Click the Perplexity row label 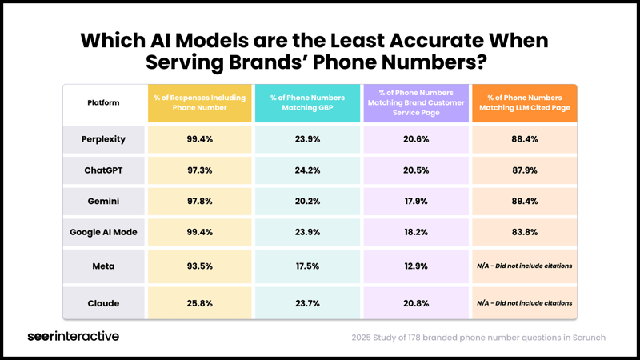[x=103, y=138]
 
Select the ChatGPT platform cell [x=103, y=170]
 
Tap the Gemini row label [x=103, y=201]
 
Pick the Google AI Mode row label [x=103, y=232]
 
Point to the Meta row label [x=103, y=266]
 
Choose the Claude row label [x=103, y=303]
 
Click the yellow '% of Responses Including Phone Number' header [x=200, y=102]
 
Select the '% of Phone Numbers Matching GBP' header [x=308, y=102]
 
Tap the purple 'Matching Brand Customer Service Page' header [x=416, y=102]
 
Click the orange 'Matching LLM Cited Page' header [x=524, y=102]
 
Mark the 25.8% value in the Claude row [x=200, y=303]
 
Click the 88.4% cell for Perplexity [x=524, y=138]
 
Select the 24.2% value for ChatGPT [x=308, y=170]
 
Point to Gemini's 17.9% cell [x=416, y=201]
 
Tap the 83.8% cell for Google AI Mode [x=524, y=232]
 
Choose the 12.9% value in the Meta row [x=416, y=266]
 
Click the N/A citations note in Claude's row [x=524, y=303]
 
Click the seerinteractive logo [x=74, y=336]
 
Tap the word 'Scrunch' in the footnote [x=585, y=338]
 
